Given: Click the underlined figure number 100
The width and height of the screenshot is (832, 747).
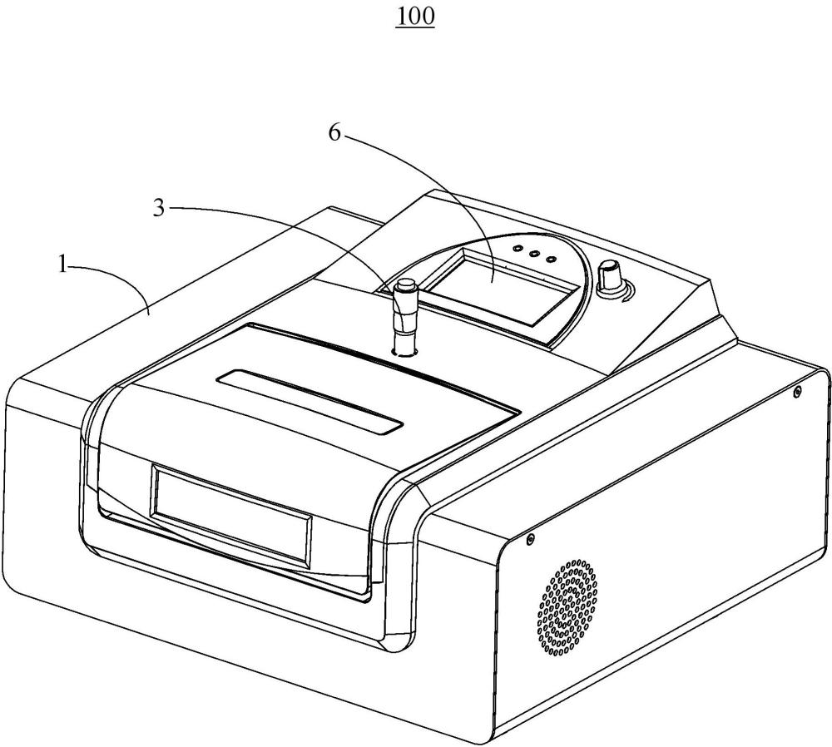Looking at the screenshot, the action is point(415,17).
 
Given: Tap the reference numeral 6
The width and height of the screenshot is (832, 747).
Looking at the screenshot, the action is point(334,132).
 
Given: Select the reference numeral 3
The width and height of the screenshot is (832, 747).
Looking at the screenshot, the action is point(159,209).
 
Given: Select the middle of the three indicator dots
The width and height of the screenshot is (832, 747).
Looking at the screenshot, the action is point(533,254).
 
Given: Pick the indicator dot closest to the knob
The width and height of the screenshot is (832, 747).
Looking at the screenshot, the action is point(552,260).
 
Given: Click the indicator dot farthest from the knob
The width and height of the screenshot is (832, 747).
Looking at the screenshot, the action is point(515,248).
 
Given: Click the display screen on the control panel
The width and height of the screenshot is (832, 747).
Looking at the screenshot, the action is point(502,286).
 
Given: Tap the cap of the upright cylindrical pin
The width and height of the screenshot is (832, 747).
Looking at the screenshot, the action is point(405,285).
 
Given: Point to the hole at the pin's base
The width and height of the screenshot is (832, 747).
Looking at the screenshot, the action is point(404,351).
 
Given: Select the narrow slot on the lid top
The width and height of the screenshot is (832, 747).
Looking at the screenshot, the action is point(310,402).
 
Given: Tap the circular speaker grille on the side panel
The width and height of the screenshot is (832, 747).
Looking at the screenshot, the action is point(567,607).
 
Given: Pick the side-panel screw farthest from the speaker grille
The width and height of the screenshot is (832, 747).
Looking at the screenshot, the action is point(796,392).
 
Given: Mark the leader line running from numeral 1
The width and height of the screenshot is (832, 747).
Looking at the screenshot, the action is point(111,280).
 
